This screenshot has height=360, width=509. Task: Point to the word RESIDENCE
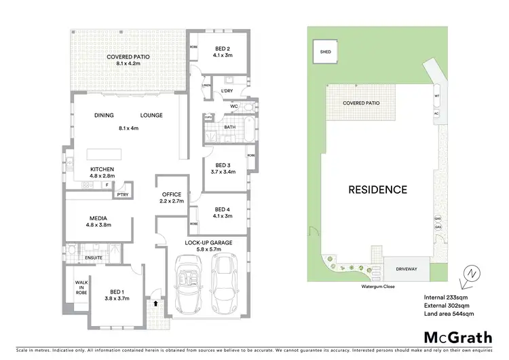click(x=379, y=190)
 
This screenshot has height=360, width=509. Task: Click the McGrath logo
click(x=458, y=338)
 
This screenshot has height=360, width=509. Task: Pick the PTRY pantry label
click(x=123, y=194)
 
